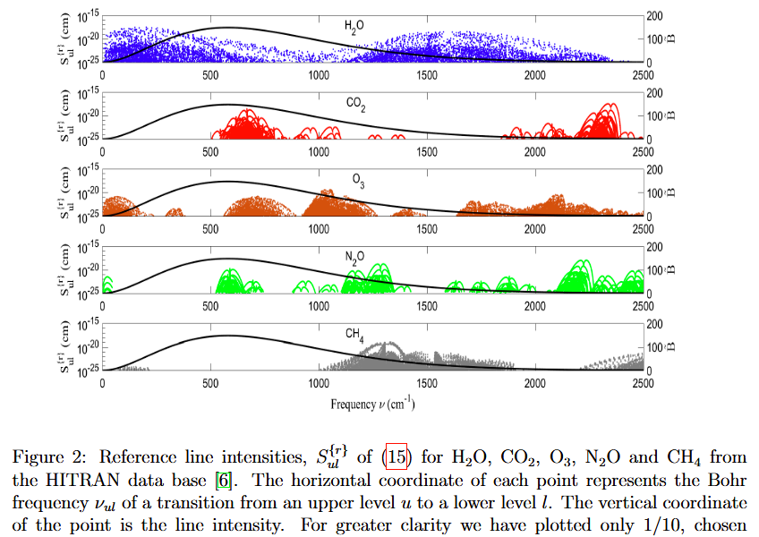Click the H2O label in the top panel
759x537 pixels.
pyautogui.click(x=354, y=27)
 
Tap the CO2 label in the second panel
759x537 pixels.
pyautogui.click(x=355, y=105)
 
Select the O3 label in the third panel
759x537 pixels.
pyautogui.click(x=358, y=182)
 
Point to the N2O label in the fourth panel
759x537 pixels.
pyautogui.click(x=354, y=259)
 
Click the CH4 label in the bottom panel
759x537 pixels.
pyautogui.click(x=354, y=336)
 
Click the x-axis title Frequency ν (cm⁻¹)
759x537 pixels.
pyautogui.click(x=372, y=404)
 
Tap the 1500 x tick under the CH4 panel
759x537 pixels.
pyautogui.click(x=427, y=383)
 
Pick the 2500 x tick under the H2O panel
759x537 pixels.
pyautogui.click(x=643, y=75)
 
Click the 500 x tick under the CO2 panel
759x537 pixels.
pyautogui.click(x=211, y=152)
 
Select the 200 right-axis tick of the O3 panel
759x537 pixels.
pyautogui.click(x=654, y=170)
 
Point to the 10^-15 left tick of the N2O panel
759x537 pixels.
pyautogui.click(x=87, y=247)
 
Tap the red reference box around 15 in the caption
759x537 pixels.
pyautogui.click(x=397, y=458)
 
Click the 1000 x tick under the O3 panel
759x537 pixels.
pyautogui.click(x=319, y=229)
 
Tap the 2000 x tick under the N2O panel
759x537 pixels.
pyautogui.click(x=535, y=306)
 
